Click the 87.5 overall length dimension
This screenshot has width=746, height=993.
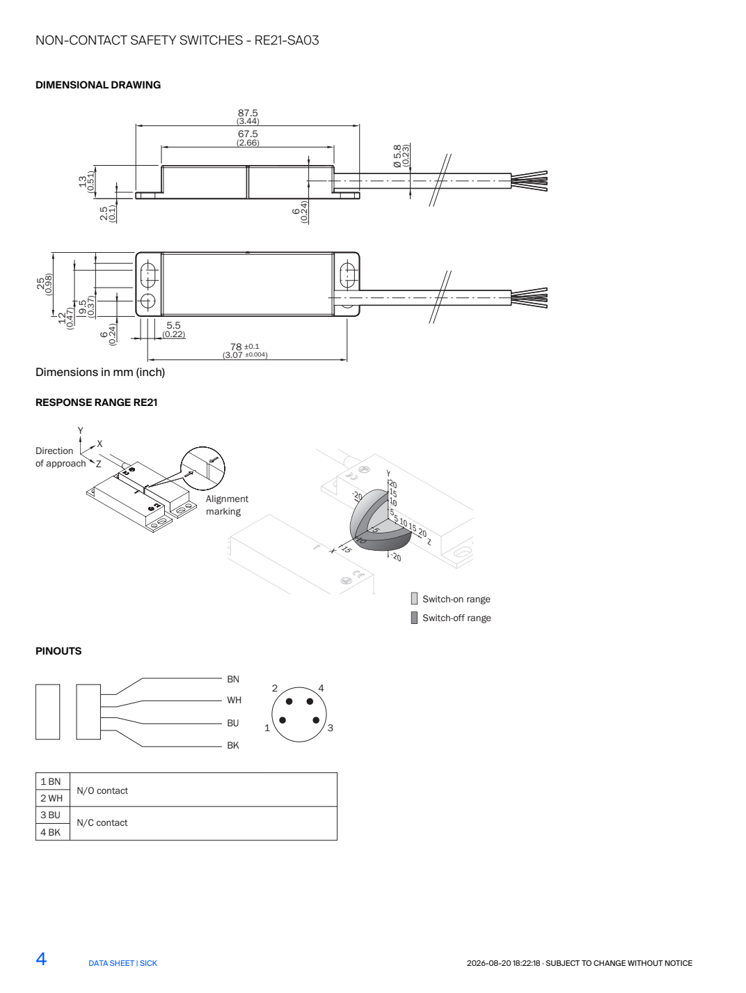click(x=248, y=113)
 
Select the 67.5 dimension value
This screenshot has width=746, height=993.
click(x=248, y=134)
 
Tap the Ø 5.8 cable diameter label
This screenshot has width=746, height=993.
click(x=397, y=156)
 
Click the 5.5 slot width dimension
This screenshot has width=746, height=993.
click(x=173, y=325)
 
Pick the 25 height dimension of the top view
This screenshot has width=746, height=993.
click(x=40, y=283)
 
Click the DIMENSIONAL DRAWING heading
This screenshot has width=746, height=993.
click(x=98, y=85)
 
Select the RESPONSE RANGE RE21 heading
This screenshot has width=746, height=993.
click(x=96, y=402)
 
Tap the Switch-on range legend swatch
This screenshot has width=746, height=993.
click(x=414, y=598)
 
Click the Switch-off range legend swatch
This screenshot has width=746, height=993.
click(x=414, y=618)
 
